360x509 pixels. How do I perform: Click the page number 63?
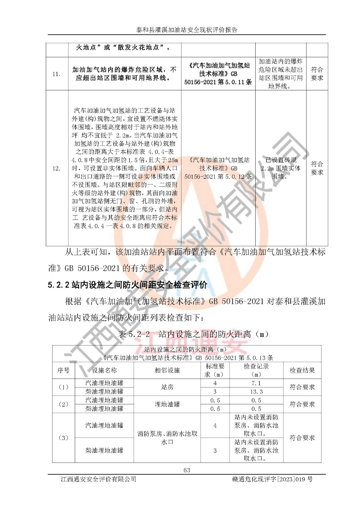[x=187, y=470]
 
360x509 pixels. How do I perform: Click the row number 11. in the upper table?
[x=56, y=74]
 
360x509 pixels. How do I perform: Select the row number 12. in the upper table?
[x=56, y=168]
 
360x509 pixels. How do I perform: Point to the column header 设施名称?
[x=104, y=370]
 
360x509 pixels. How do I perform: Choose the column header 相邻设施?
[x=167, y=370]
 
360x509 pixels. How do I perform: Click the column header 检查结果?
[x=302, y=370]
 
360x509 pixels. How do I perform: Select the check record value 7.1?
[x=256, y=383]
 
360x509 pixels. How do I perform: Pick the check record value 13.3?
[x=256, y=392]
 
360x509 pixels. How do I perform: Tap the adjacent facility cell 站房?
[x=167, y=387]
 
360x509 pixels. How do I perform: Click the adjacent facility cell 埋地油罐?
[x=167, y=404]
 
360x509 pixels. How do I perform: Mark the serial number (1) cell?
[x=63, y=387]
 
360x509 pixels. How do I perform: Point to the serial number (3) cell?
[x=63, y=438]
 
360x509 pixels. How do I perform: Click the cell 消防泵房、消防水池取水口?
[x=167, y=438]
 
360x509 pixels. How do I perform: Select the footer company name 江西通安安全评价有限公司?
[x=98, y=479]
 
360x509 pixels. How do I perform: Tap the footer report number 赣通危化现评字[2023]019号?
[x=272, y=479]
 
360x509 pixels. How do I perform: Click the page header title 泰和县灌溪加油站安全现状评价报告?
[x=187, y=30]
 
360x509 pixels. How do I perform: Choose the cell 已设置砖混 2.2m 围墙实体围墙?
[x=280, y=168]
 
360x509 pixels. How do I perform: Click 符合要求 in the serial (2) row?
[x=302, y=404]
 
